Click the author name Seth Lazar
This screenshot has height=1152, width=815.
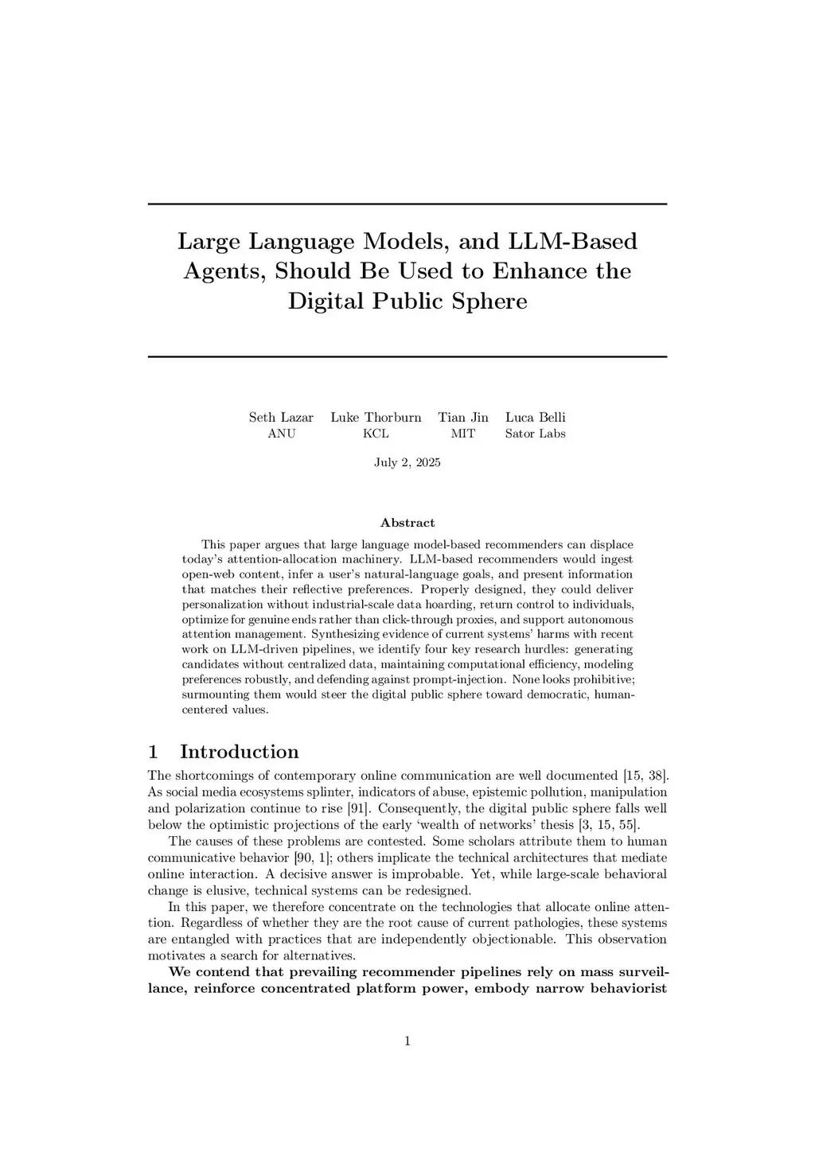point(281,417)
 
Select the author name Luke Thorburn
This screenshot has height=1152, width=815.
point(376,417)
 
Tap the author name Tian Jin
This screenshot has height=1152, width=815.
point(463,417)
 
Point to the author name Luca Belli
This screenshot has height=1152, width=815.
point(536,417)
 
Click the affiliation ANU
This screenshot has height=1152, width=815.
point(281,434)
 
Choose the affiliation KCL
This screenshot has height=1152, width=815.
point(376,434)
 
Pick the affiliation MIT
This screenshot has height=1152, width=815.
point(463,434)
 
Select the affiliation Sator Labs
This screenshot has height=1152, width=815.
point(536,434)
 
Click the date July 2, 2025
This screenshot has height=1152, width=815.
point(407,462)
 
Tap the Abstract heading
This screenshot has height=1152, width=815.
point(407,523)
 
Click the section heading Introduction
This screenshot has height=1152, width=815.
point(239,752)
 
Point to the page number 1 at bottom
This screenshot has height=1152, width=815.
point(407,1041)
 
